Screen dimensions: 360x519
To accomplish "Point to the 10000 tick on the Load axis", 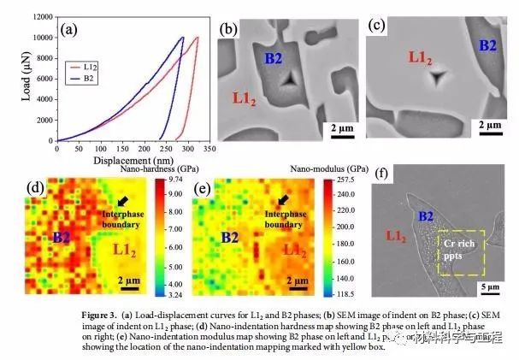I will pyautogui.click(x=41, y=38).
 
